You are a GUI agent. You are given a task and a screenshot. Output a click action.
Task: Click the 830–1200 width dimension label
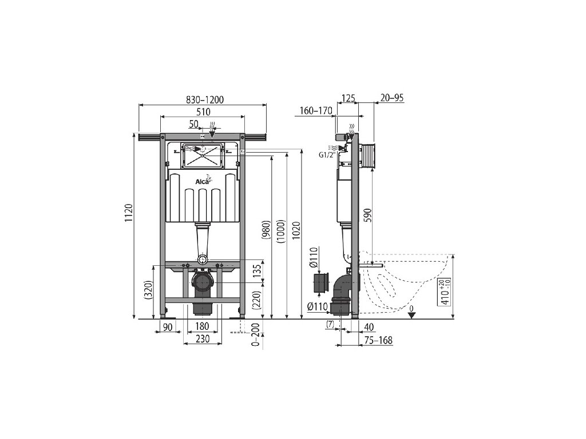[204, 99]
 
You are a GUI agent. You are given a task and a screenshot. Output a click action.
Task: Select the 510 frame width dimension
[203, 111]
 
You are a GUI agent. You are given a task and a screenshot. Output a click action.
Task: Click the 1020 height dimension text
[296, 232]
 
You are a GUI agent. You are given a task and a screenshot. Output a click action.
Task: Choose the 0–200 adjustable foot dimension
[256, 334]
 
